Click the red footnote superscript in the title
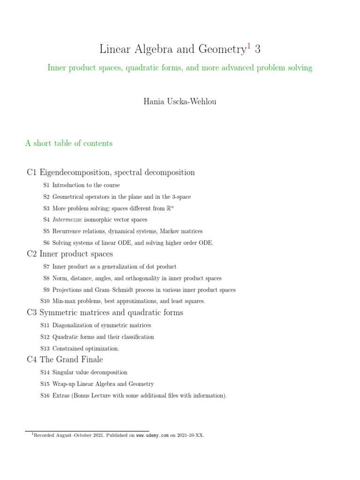click(249, 45)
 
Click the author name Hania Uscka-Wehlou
click(180, 102)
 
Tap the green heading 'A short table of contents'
click(69, 143)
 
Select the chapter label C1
click(32, 172)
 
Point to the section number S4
click(46, 219)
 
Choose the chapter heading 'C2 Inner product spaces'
click(70, 254)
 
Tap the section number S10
click(45, 301)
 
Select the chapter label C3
click(32, 312)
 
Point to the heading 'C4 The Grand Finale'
click(65, 360)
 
